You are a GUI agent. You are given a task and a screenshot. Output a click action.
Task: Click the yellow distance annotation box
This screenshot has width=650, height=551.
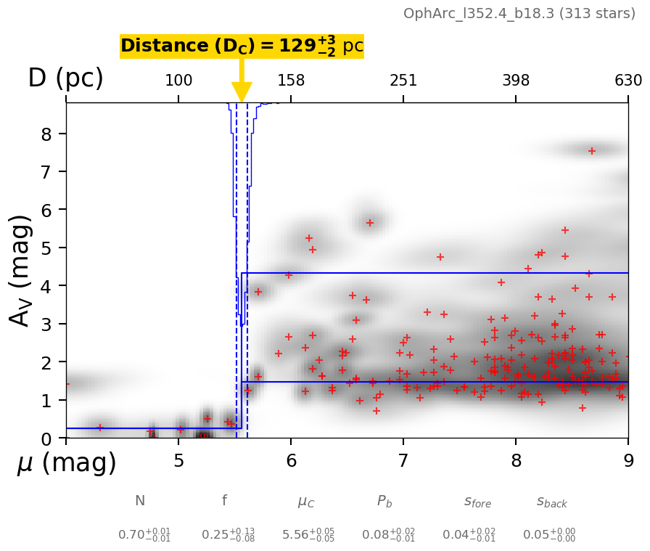tap(242, 46)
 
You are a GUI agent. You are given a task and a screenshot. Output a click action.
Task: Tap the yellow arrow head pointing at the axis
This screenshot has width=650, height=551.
tap(242, 92)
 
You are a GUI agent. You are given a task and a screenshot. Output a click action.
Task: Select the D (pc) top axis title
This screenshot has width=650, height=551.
tap(65, 78)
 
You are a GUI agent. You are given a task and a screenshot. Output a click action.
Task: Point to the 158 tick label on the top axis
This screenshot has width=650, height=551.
tap(291, 81)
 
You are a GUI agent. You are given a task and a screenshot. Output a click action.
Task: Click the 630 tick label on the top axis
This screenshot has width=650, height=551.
tap(628, 81)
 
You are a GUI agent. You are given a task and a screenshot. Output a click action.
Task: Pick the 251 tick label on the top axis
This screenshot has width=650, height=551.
tap(403, 81)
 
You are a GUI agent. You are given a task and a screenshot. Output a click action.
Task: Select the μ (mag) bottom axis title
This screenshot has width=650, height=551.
tap(67, 462)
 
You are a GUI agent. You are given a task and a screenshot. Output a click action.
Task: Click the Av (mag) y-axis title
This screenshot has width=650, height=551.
tap(22, 270)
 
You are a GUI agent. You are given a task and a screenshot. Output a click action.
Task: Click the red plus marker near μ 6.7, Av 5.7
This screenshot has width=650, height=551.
tap(370, 223)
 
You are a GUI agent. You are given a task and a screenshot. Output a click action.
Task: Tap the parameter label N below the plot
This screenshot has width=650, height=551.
tap(140, 501)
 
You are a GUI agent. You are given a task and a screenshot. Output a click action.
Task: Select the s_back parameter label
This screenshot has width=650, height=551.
tap(552, 502)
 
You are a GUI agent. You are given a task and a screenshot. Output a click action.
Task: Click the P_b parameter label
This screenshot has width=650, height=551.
tap(384, 502)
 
